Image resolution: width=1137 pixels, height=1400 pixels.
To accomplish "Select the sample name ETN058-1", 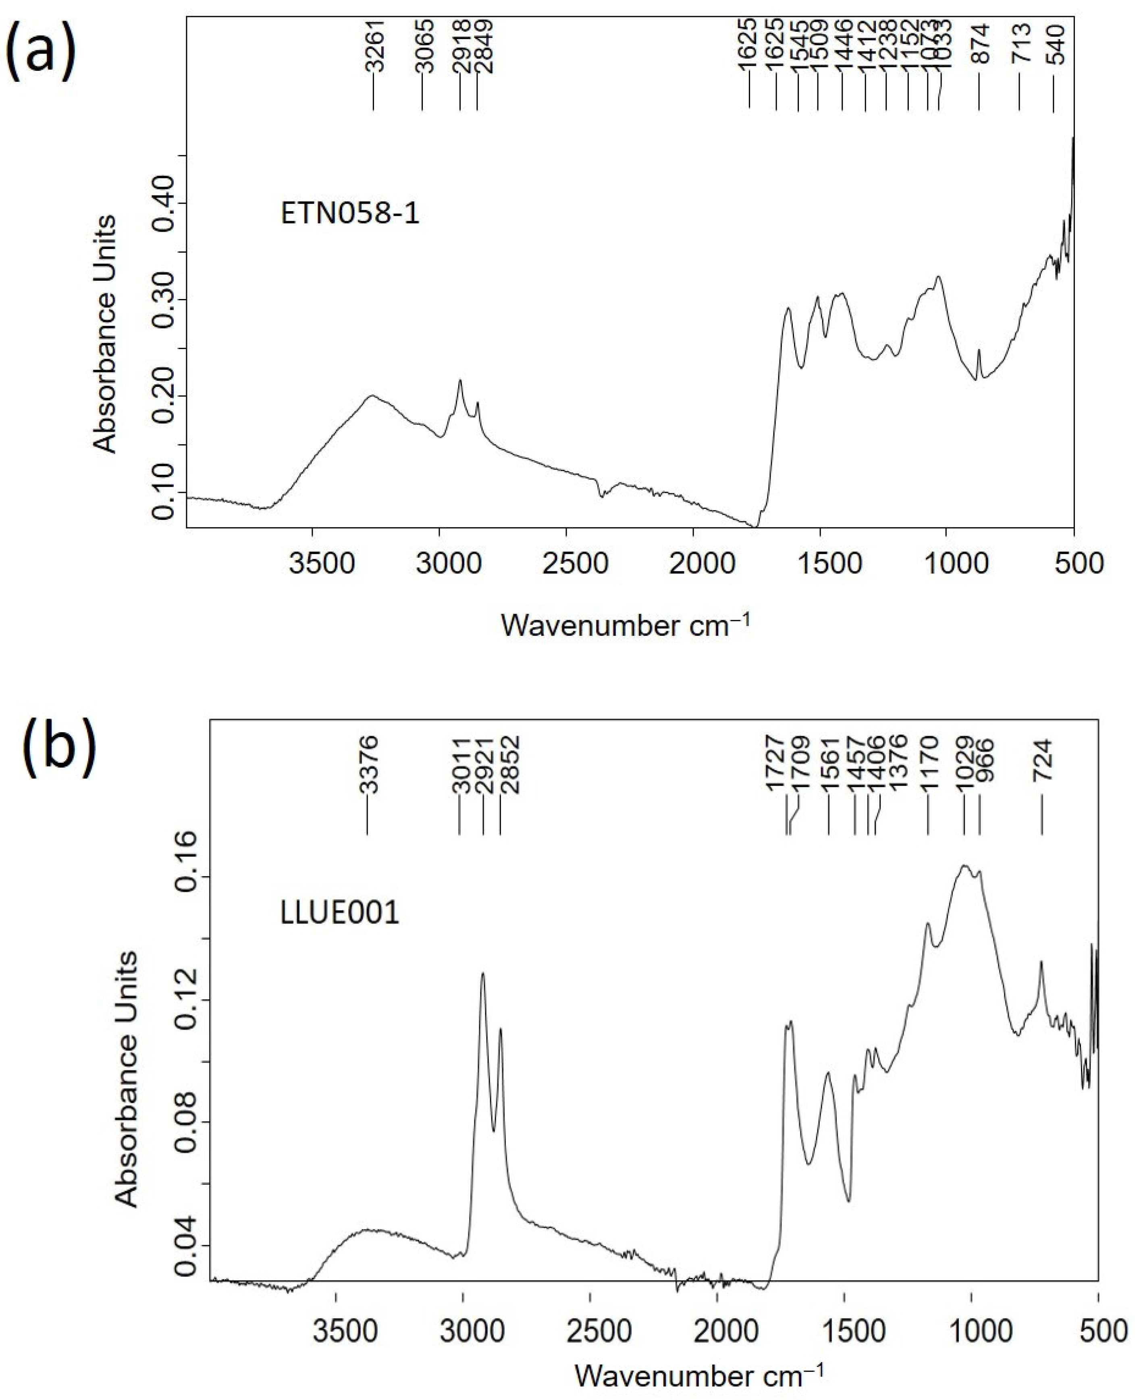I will [350, 214].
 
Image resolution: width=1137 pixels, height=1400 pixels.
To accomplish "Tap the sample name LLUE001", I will [339, 913].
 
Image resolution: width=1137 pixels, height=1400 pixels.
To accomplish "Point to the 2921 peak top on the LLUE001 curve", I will [483, 974].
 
